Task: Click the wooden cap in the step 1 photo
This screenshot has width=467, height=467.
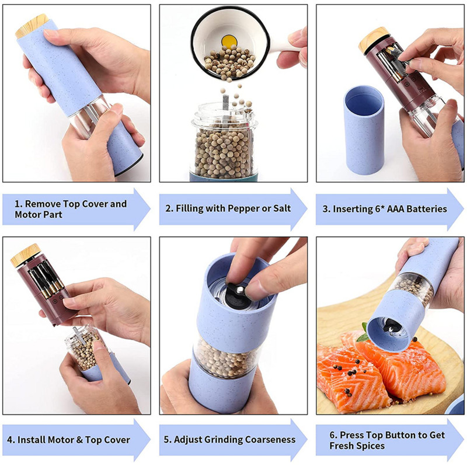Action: click(32, 26)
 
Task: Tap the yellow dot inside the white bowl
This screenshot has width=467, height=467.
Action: click(229, 41)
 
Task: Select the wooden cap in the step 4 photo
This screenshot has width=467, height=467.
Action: click(26, 255)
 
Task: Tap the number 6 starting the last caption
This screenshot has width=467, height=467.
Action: click(332, 435)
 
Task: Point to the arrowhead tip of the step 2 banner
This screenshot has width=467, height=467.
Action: click(307, 209)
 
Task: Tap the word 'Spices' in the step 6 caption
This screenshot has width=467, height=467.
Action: click(371, 446)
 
